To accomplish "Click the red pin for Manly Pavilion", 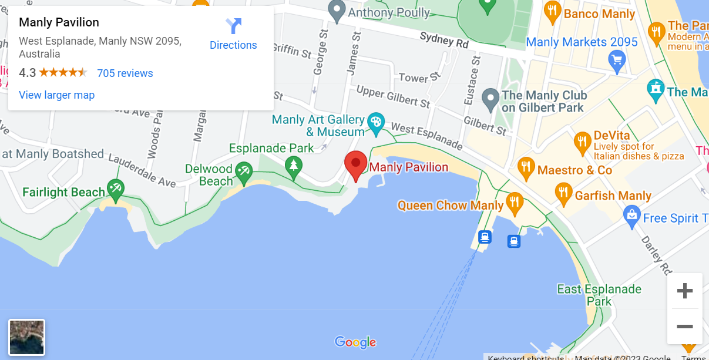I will pyautogui.click(x=355, y=165).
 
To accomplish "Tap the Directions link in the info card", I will pyautogui.click(x=233, y=35).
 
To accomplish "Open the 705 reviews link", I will pyautogui.click(x=125, y=73).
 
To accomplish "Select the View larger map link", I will pyautogui.click(x=56, y=95).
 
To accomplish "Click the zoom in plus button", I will pyautogui.click(x=685, y=291).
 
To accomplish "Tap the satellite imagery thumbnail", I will pyautogui.click(x=26, y=337).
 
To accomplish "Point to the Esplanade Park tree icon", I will pyautogui.click(x=293, y=166).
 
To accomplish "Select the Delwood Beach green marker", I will pyautogui.click(x=243, y=171).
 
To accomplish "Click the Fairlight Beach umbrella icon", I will pyautogui.click(x=115, y=189).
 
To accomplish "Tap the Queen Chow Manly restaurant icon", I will pyautogui.click(x=515, y=201).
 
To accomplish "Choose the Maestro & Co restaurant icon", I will pyautogui.click(x=526, y=167).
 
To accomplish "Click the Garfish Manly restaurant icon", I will pyautogui.click(x=563, y=192).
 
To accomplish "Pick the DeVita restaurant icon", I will pyautogui.click(x=582, y=141).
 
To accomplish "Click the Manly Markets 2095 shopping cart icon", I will pyautogui.click(x=616, y=60).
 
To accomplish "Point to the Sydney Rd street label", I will pyautogui.click(x=444, y=41).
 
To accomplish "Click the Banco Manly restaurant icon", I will pyautogui.click(x=552, y=11).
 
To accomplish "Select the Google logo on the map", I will pyautogui.click(x=355, y=342).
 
